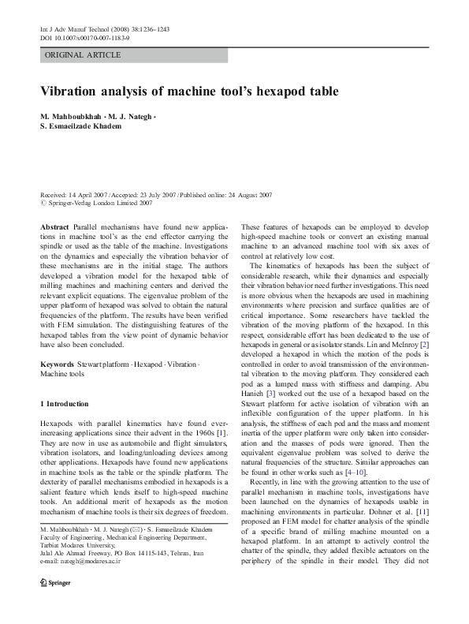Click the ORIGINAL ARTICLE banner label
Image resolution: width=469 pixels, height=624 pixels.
(83, 55)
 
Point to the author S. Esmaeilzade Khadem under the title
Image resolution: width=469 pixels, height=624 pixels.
(86, 127)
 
